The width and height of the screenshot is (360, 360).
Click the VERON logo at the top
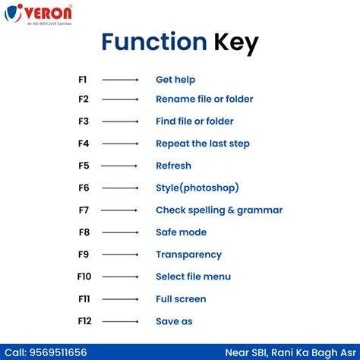click(39, 15)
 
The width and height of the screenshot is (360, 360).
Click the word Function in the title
click(153, 42)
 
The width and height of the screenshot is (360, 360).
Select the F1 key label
click(83, 79)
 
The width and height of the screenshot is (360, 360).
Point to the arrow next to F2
click(120, 99)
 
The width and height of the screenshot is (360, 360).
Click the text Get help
click(176, 79)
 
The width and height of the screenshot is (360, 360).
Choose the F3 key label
click(84, 122)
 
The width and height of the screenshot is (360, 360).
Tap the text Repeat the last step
click(202, 144)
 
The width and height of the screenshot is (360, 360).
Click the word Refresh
click(173, 166)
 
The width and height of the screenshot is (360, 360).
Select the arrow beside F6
click(120, 188)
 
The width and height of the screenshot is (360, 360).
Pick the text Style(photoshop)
click(197, 188)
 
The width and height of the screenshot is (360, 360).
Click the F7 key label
click(84, 210)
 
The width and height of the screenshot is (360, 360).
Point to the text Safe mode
click(181, 232)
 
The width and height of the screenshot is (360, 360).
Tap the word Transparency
click(188, 254)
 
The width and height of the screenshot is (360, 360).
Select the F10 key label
click(84, 276)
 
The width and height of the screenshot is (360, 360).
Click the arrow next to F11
click(120, 299)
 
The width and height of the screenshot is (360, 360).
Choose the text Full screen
click(181, 299)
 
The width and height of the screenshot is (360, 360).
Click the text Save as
click(174, 321)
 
